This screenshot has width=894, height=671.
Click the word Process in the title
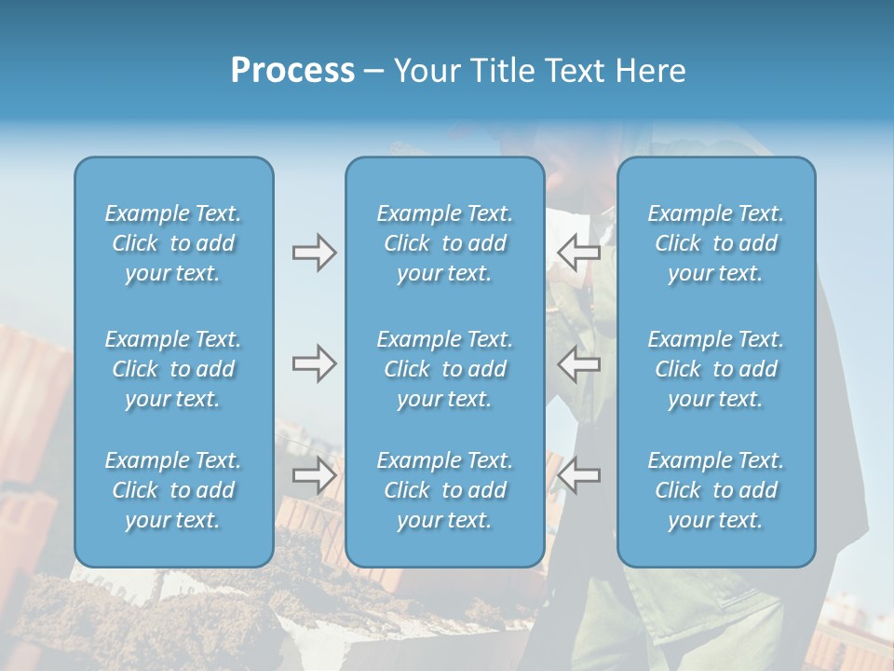coord(292,71)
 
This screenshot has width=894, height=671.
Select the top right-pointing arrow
coord(314,253)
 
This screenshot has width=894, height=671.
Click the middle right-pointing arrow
coord(314,363)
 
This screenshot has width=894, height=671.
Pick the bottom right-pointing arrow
coord(314,475)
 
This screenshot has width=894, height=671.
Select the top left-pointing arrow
coord(578,253)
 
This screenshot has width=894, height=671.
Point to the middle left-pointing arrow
coord(578,363)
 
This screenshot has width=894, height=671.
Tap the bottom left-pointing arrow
coord(578,475)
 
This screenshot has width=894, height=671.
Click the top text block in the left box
coord(173,243)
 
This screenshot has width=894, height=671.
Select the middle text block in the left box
coord(173,369)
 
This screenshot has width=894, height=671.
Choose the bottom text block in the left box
coord(173,490)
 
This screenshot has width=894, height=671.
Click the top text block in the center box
coord(445,243)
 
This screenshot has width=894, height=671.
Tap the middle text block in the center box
coord(445,369)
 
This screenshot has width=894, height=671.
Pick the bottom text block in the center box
coord(445,490)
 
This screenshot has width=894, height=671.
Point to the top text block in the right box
coord(716,243)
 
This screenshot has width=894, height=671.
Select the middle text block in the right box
coord(716,369)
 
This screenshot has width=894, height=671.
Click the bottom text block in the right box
coord(716,490)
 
